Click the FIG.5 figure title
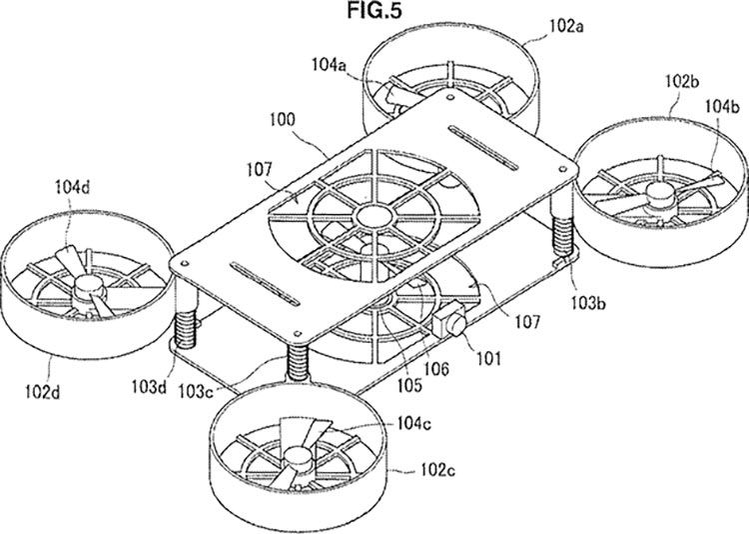374,11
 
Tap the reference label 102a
566,25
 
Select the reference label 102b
682,81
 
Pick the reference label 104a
330,64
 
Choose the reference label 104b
723,106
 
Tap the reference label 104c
413,423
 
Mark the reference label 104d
72,187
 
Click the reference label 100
283,119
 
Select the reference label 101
487,358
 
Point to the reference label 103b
588,302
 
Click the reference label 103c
197,391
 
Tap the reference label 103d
149,386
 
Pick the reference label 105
410,385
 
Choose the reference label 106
436,368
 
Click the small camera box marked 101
448,320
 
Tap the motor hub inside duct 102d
89,290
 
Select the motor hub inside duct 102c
299,460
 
